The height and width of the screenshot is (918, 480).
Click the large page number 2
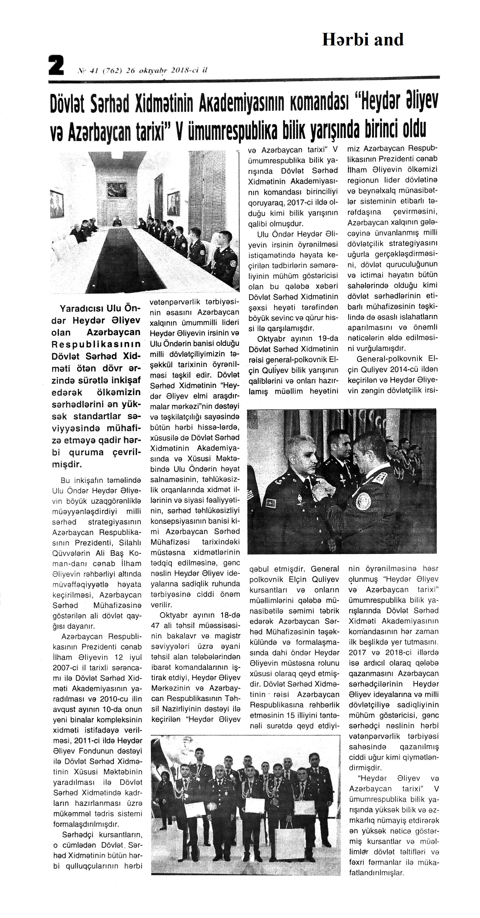(x=56, y=65)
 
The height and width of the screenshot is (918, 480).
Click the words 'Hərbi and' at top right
(x=362, y=40)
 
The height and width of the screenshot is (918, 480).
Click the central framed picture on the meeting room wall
(x=117, y=190)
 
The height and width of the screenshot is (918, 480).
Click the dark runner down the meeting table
(x=121, y=260)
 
